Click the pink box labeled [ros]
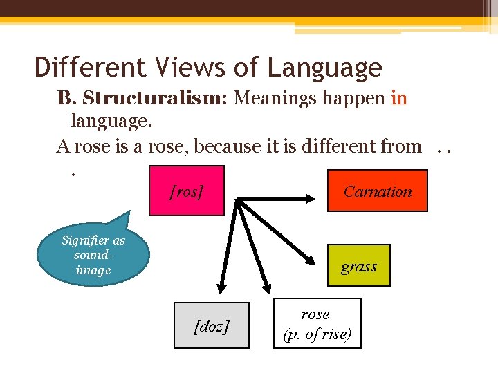click(187, 191)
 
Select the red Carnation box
click(377, 191)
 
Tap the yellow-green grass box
click(358, 266)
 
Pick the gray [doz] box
click(211, 325)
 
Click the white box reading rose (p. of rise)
click(317, 323)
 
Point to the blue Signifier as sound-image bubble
click(93, 255)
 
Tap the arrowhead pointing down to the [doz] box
click(223, 283)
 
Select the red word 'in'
click(399, 98)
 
